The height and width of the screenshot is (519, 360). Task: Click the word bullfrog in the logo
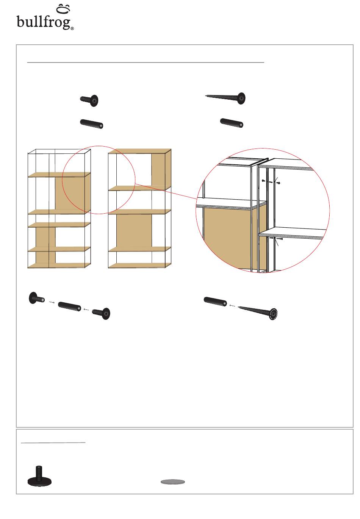(44, 22)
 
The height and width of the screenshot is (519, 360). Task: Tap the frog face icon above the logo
(63, 9)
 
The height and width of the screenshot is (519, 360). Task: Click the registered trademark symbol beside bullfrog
(72, 28)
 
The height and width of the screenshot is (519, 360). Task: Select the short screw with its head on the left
(37, 298)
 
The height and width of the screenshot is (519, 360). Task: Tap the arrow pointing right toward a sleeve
(52, 302)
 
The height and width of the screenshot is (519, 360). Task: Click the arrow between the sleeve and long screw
(232, 306)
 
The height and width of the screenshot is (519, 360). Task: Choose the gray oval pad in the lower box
(173, 482)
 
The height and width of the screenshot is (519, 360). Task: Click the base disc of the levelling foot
(39, 482)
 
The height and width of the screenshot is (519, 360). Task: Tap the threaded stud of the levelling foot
(39, 472)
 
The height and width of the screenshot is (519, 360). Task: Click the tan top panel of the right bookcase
(139, 151)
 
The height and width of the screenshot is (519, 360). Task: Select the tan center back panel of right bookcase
(134, 231)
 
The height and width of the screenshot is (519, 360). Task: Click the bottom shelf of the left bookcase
(59, 265)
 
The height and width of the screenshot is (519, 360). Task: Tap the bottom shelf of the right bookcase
(139, 265)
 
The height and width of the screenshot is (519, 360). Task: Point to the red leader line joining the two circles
(166, 191)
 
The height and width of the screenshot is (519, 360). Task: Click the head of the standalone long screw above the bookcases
(241, 98)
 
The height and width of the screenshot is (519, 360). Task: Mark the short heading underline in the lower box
(53, 443)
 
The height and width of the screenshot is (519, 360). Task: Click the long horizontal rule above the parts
(146, 63)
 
